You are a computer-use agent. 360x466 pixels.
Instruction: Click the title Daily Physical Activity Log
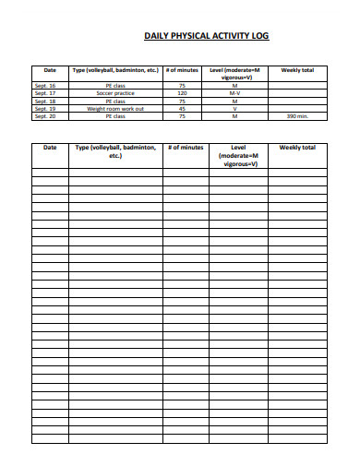pos(208,36)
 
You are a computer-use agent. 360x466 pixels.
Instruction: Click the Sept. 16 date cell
pos(44,86)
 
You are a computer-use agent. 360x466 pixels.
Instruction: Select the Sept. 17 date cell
pos(44,93)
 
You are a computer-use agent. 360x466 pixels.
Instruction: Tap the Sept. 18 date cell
pos(44,102)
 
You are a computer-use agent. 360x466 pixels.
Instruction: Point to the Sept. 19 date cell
pos(44,109)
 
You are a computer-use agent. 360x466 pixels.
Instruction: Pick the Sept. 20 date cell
pos(44,117)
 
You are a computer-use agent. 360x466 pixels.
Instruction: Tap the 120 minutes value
pos(182,93)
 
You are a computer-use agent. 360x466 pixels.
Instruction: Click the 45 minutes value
pos(182,109)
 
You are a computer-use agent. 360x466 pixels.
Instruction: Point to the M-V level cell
pos(234,93)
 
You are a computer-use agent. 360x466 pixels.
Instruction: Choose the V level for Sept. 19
pos(234,109)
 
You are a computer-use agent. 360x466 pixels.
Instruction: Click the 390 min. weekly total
pos(297,117)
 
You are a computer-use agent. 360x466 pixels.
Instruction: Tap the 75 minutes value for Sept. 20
pos(182,117)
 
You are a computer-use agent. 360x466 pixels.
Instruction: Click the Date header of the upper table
pos(50,70)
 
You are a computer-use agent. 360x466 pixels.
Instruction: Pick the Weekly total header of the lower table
pos(297,148)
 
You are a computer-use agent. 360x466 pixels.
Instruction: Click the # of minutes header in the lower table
pos(186,148)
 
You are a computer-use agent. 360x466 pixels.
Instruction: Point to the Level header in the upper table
pos(234,74)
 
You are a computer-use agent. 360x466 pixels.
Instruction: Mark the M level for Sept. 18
pos(234,102)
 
